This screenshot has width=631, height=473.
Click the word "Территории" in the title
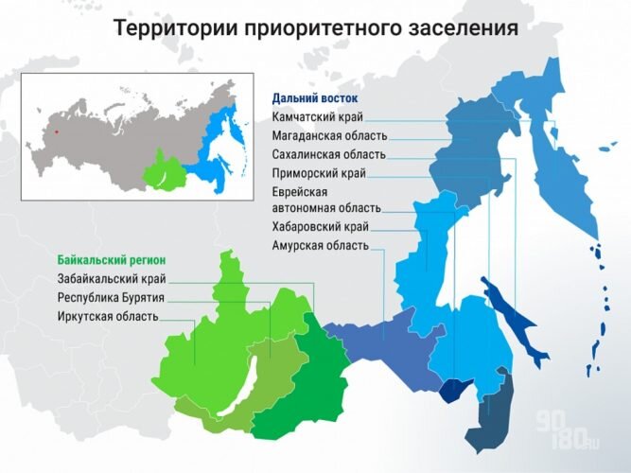click(x=171, y=28)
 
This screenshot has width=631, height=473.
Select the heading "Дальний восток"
click(x=315, y=97)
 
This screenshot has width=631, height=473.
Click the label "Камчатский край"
click(x=317, y=117)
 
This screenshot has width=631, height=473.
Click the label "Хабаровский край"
click(x=320, y=226)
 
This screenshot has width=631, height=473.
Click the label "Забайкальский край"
click(x=112, y=278)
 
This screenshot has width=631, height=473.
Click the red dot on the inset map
click(x=56, y=131)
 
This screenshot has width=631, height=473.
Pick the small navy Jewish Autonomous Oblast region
click(x=459, y=390)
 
